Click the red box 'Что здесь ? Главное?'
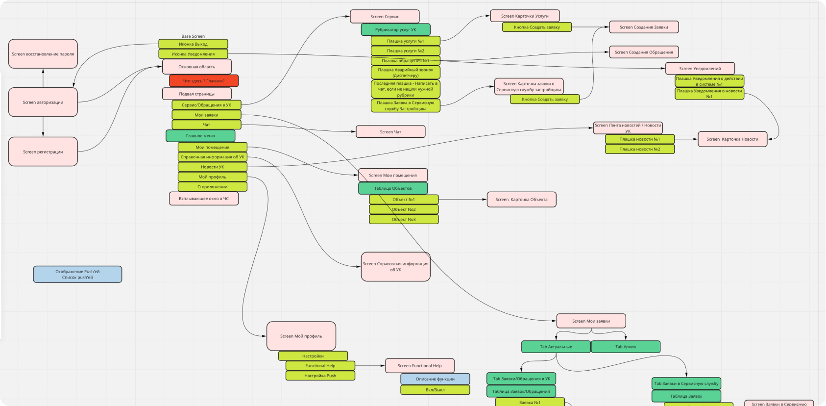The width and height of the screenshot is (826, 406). coord(204,81)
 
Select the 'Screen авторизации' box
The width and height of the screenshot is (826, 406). coord(43,102)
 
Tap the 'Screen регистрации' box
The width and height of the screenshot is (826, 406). coord(43,152)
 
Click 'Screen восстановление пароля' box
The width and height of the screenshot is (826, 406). coord(43,54)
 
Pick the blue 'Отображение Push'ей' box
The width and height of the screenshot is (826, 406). coord(77,275)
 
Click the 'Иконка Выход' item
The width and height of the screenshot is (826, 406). coord(193,44)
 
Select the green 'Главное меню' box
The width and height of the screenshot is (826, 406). coord(200,136)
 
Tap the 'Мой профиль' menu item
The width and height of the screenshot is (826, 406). coord(212,177)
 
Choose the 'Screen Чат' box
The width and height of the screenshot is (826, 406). coord(390,132)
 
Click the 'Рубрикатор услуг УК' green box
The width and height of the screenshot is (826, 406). coord(395,30)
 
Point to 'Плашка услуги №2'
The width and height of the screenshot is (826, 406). coord(405,51)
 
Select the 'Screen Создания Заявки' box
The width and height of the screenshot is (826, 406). coord(644,27)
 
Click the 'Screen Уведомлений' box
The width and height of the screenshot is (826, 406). coord(700,69)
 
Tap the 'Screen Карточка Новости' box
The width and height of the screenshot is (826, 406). coord(732,139)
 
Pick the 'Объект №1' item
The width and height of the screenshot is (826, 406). coord(404,200)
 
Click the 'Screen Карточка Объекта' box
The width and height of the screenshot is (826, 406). coord(521,200)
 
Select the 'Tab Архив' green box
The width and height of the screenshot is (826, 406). coord(626,347)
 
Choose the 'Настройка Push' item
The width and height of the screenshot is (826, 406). coord(320,376)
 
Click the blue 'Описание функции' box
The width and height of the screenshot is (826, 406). coord(435,379)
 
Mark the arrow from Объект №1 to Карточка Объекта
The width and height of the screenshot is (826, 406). coord(462,200)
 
